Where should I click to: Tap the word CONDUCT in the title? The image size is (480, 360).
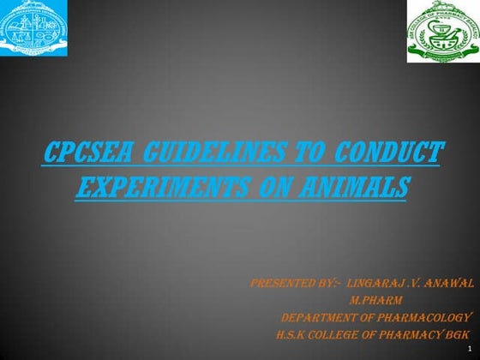tap(389, 155)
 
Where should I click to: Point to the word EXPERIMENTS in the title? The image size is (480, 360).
tap(158, 186)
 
